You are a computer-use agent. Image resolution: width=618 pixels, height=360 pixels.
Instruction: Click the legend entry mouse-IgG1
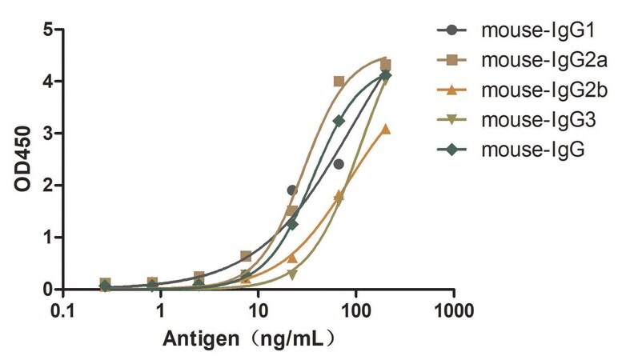(x=538, y=30)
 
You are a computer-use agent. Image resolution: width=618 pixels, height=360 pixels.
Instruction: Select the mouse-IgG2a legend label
(x=544, y=60)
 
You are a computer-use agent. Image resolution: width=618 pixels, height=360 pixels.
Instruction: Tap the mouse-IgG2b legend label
(x=544, y=90)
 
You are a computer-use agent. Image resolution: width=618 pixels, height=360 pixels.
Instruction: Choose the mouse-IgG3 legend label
(x=538, y=120)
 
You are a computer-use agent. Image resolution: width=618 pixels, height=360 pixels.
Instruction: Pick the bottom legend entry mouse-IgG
(x=532, y=150)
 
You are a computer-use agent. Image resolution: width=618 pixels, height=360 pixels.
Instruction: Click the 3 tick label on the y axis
(x=48, y=133)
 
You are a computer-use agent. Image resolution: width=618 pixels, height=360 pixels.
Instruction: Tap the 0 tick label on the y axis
(x=48, y=289)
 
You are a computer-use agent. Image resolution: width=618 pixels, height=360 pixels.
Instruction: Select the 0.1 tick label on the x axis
(x=62, y=311)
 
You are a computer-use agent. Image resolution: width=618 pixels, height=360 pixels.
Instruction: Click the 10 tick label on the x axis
(x=258, y=311)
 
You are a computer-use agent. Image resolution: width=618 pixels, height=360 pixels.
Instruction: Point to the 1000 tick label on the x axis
(x=454, y=311)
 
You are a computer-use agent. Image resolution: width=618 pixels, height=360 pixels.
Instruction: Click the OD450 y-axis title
(x=22, y=158)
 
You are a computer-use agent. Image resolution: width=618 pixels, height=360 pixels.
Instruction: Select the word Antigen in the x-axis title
(x=201, y=338)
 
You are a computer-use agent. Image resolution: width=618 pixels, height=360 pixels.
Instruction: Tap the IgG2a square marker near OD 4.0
(x=339, y=82)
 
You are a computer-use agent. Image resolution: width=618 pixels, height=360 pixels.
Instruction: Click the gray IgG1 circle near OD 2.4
(x=339, y=164)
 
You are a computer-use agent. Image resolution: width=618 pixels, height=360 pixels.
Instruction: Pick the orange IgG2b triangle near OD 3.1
(x=386, y=129)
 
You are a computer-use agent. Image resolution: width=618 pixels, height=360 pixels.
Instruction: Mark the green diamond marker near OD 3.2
(x=339, y=121)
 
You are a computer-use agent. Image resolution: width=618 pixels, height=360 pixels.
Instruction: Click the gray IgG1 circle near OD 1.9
(x=292, y=190)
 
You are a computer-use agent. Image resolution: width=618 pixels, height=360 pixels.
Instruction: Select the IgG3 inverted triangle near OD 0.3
(x=292, y=274)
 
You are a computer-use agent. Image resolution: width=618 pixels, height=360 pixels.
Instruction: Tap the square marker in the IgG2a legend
(x=451, y=60)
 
